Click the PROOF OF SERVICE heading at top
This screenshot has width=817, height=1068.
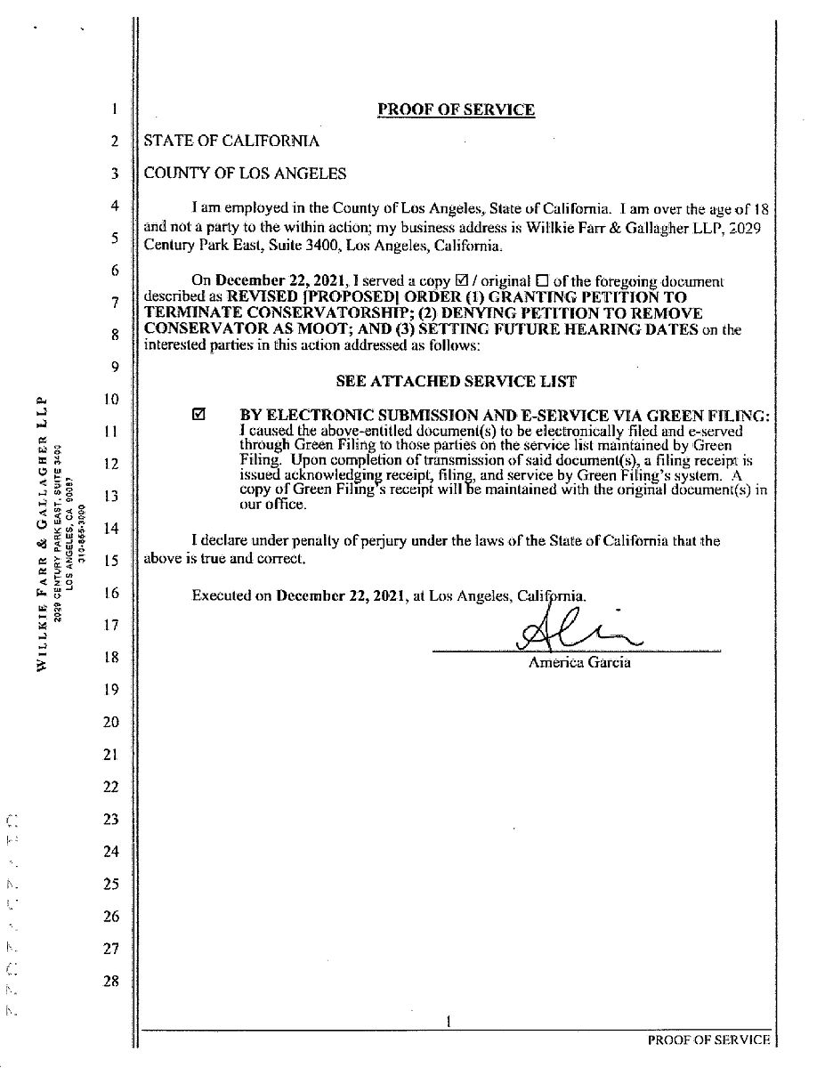(x=456, y=109)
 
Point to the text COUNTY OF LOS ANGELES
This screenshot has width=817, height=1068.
(x=245, y=174)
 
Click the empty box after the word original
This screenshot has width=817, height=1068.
(x=542, y=281)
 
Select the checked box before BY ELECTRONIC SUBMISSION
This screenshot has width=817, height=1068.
(x=199, y=415)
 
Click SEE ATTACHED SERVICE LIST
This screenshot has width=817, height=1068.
(x=456, y=381)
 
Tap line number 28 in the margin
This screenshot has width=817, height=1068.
(x=111, y=981)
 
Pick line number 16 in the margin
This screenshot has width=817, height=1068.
(x=111, y=593)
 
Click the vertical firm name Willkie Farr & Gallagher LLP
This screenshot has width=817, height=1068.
(x=42, y=533)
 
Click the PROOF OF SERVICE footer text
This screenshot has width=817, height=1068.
(x=708, y=1040)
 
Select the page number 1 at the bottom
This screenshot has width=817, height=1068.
(x=450, y=1023)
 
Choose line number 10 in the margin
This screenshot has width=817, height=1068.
(x=111, y=399)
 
